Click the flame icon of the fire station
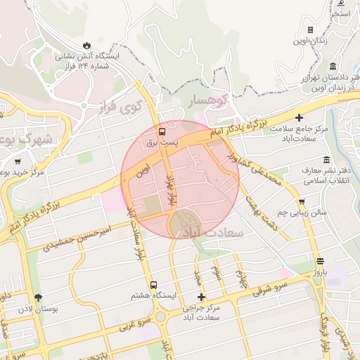click(87, 44)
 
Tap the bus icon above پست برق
click(163, 131)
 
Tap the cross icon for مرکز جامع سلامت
click(300, 117)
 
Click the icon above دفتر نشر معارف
click(326, 160)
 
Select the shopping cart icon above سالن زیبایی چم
click(301, 202)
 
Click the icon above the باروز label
click(320, 260)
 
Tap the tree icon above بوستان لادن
click(38, 297)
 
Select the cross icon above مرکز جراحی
click(202, 297)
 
